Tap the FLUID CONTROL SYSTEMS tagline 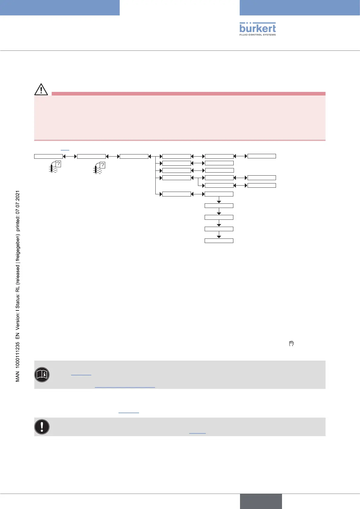258,35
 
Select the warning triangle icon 41,89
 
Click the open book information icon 42,375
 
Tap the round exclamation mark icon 42,427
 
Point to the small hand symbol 291,344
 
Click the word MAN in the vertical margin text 18,377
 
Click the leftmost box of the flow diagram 48,156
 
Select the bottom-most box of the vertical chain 219,241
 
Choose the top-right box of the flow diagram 261,156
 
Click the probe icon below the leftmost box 54,167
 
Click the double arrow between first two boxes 70,156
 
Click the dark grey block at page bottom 261,501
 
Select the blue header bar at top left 60,8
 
